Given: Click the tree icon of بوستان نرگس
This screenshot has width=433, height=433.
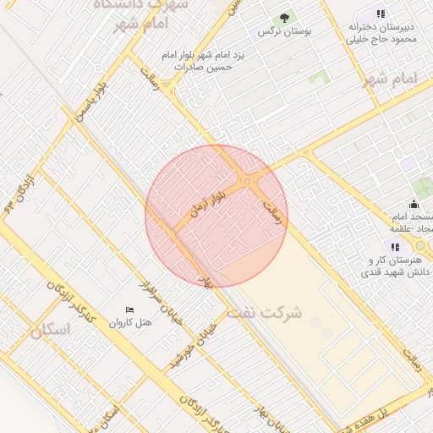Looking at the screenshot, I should coord(285,17).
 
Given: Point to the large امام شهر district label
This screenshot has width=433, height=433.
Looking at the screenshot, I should coord(390,79).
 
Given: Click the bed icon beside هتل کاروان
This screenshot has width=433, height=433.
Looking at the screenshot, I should coord(129,310).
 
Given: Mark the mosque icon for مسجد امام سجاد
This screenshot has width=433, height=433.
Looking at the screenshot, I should coord(413,204).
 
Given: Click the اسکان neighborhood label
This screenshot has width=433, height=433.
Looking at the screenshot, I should coord(50,331).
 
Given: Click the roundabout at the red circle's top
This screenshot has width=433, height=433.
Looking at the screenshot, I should coord(248,181).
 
